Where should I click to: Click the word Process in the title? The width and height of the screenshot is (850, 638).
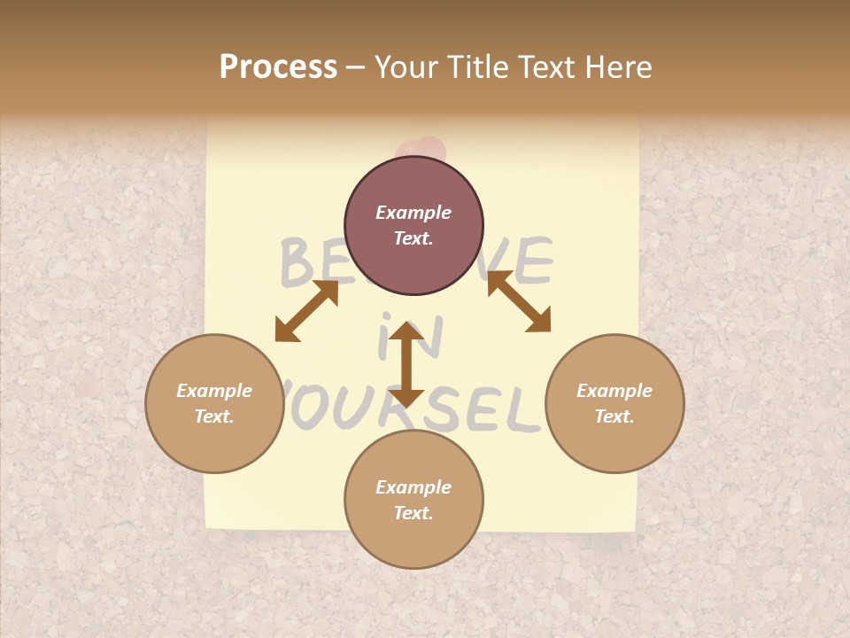(278, 67)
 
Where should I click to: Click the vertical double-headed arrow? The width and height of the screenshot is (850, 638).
(406, 363)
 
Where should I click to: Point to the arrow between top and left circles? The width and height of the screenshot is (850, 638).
(306, 310)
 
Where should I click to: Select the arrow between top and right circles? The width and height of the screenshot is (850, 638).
(519, 301)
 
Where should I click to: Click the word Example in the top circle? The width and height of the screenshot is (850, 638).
(413, 213)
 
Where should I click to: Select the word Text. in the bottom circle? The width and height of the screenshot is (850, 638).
(413, 513)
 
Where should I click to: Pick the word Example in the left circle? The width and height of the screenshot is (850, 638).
(214, 391)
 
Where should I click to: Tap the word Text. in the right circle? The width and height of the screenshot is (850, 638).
(614, 416)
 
